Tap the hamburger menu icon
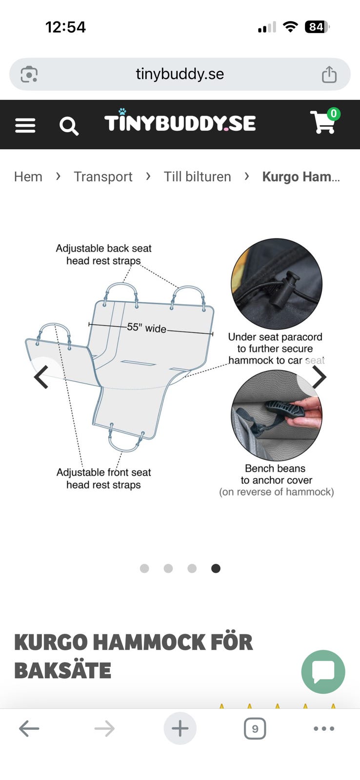coord(25,125)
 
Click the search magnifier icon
coord(69,126)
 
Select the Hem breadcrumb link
coord(28,176)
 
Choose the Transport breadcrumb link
coord(103,177)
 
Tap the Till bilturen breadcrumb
coord(197,176)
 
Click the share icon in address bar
coord(329,74)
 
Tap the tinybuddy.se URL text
coord(180,74)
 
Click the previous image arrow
coord(41,377)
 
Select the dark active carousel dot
coord(216,568)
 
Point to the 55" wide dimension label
coord(146,328)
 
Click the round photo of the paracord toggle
coord(277,284)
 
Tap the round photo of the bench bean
coord(277,415)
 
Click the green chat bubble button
coord(323,672)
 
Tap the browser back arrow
coord(29,728)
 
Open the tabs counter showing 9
coord(255,728)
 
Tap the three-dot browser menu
coord(324,728)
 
